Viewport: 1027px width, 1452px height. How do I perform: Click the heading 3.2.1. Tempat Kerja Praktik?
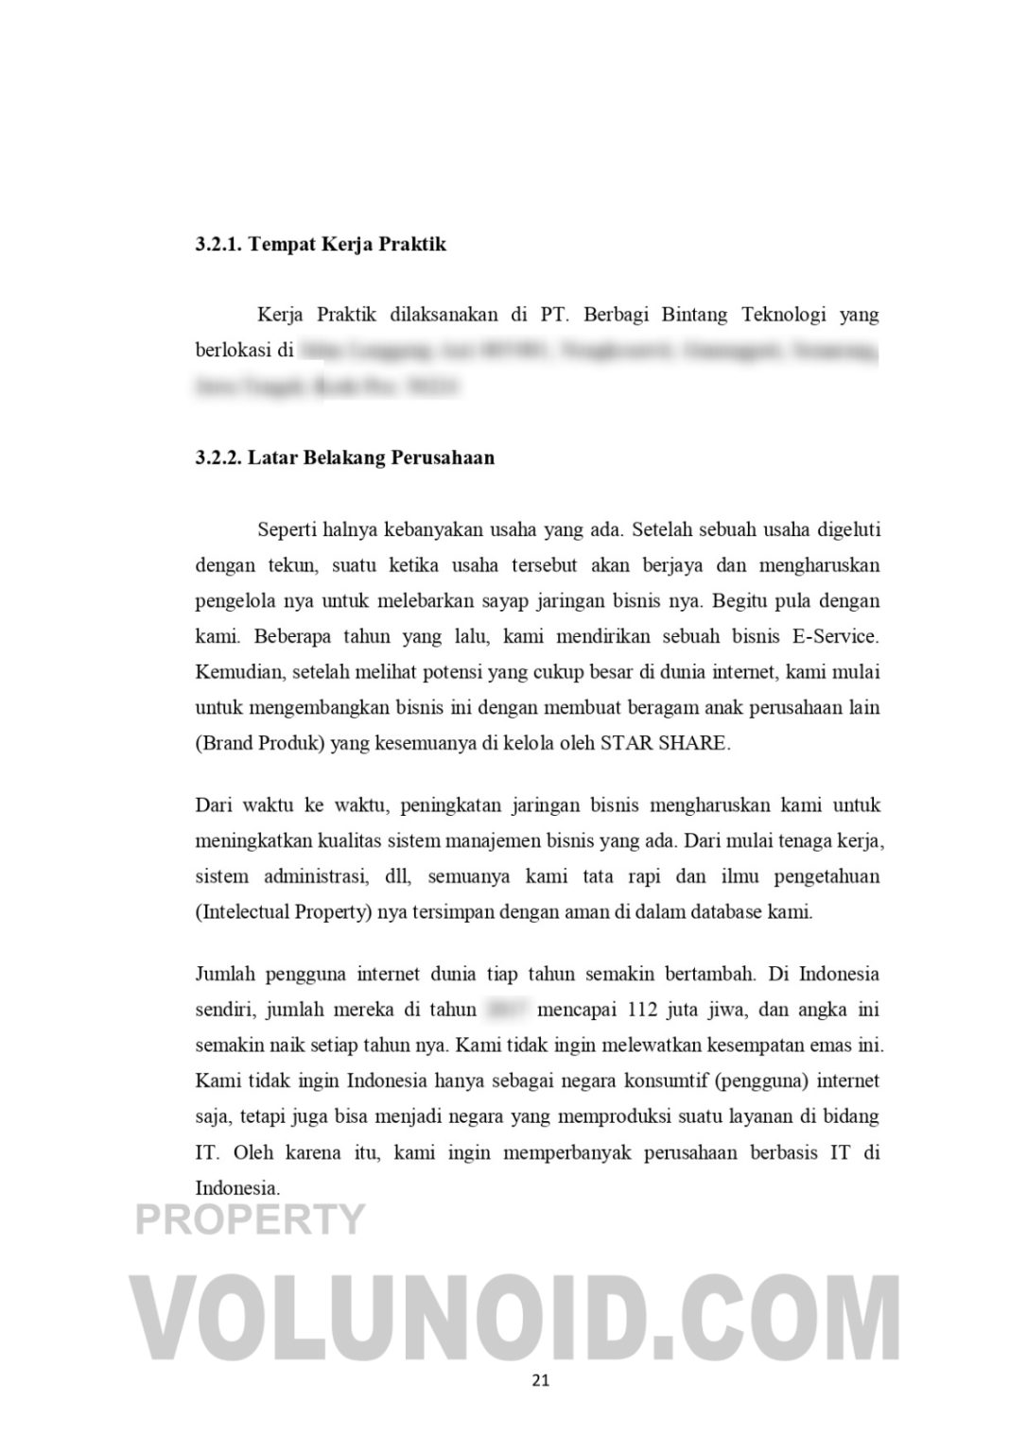pyautogui.click(x=321, y=245)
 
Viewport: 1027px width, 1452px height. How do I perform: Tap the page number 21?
pyautogui.click(x=540, y=1380)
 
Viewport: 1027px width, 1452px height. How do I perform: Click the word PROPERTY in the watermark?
pyautogui.click(x=250, y=1219)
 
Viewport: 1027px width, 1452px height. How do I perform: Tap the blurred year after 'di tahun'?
pyautogui.click(x=508, y=1010)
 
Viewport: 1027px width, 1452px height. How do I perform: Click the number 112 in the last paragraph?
pyautogui.click(x=642, y=1010)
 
